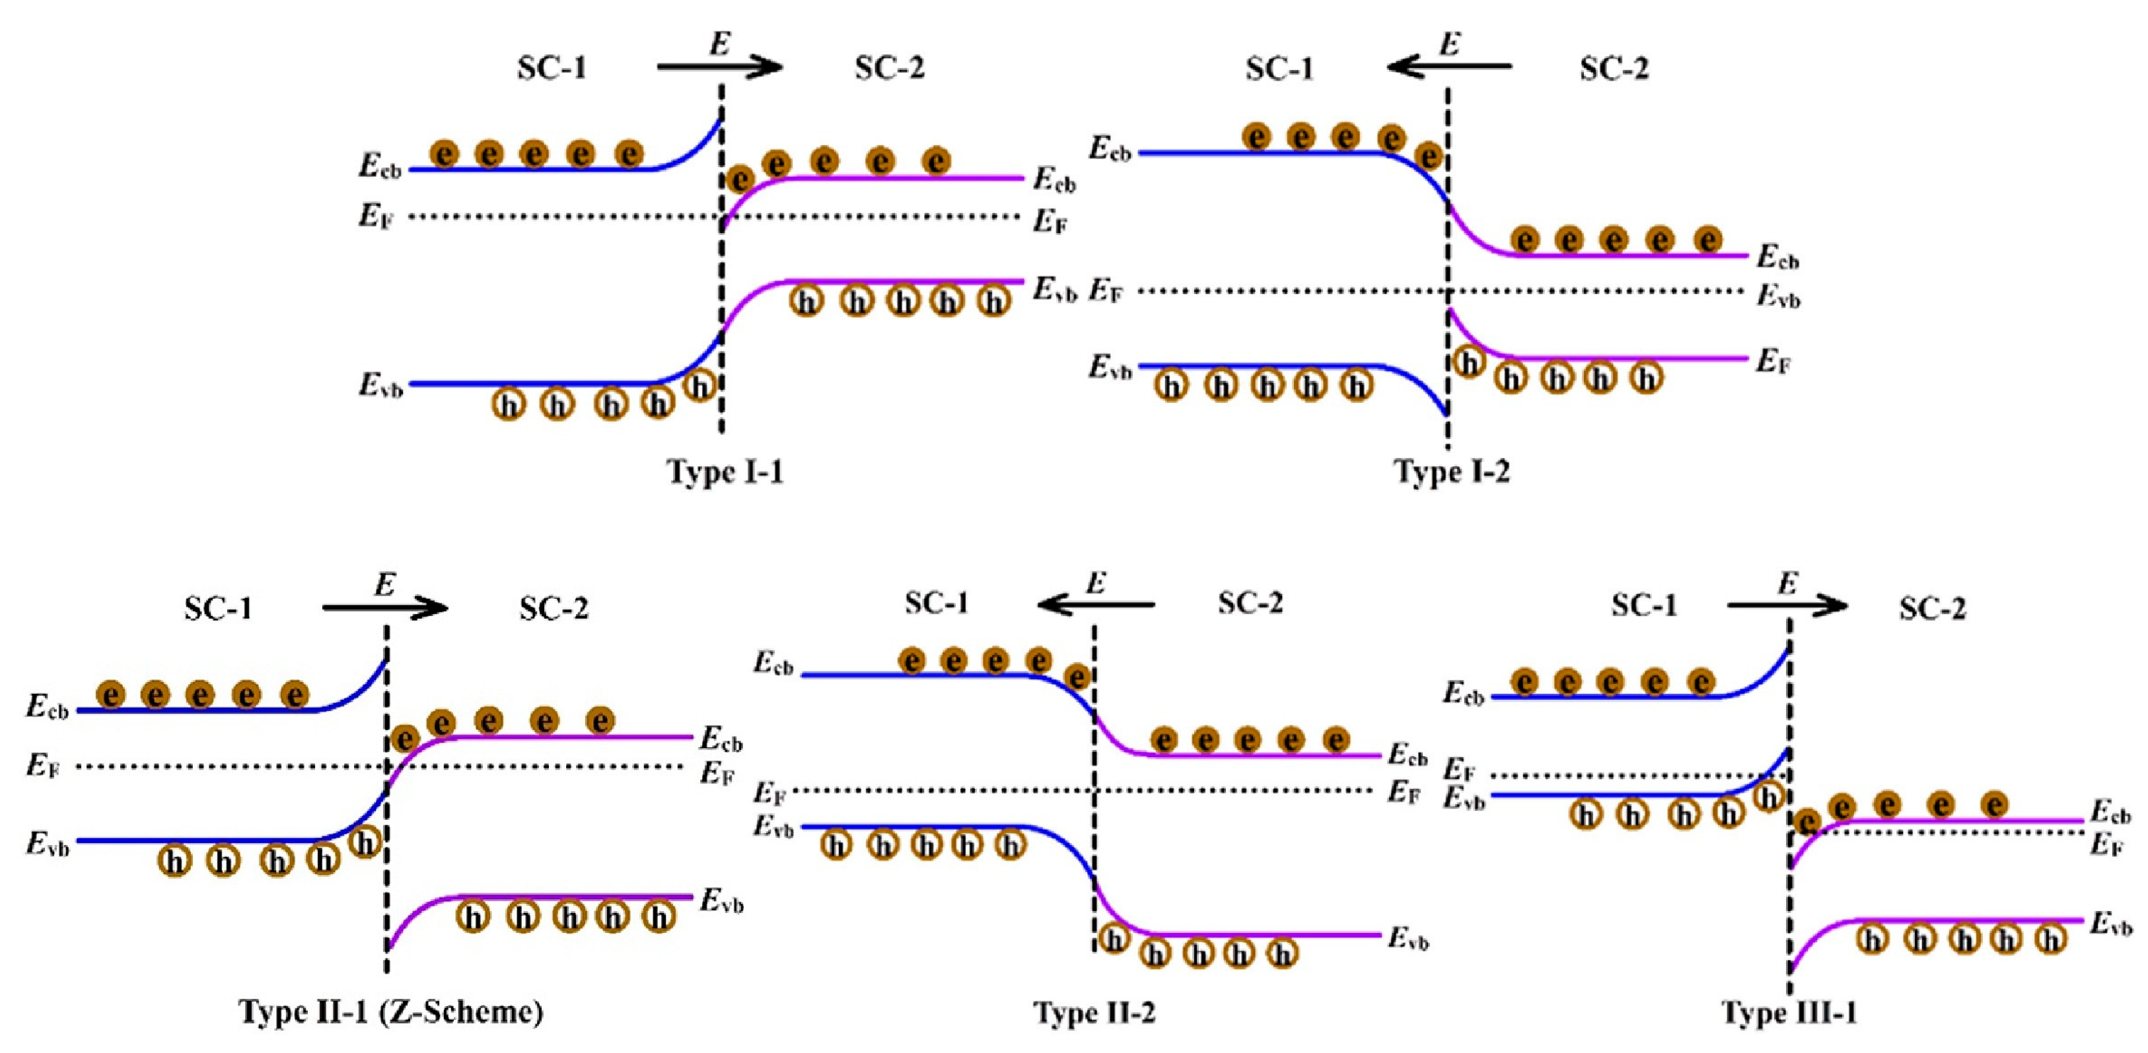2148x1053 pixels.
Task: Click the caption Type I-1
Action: coord(725,473)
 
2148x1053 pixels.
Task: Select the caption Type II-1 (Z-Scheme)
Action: coord(391,1012)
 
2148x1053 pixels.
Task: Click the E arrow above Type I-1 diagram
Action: coord(719,67)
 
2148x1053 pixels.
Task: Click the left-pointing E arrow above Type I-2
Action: coord(1449,65)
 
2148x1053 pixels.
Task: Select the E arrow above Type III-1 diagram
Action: coord(1787,605)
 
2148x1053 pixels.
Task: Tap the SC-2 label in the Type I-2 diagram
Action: coord(1614,69)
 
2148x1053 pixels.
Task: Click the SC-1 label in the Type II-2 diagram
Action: coord(937,603)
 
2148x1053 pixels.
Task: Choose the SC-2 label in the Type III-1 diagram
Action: coord(1932,609)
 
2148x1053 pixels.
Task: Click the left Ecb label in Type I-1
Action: coord(379,167)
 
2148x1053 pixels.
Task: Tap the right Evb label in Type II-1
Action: coord(721,902)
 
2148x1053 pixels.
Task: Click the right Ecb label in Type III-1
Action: coord(2110,813)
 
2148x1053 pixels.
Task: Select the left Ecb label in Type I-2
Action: coord(1110,150)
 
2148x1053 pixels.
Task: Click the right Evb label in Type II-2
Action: coord(1408,939)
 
